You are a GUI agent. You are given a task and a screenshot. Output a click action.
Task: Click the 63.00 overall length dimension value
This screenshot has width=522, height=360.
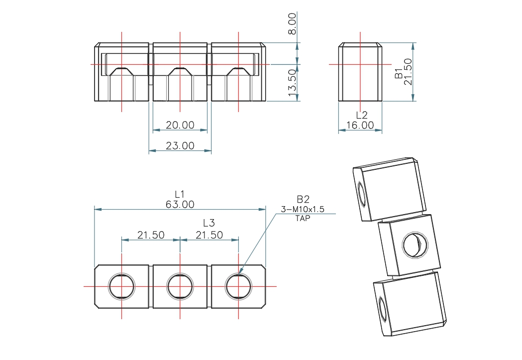[180, 204]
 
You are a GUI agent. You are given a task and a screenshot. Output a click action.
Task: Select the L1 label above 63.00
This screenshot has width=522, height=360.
[180, 194]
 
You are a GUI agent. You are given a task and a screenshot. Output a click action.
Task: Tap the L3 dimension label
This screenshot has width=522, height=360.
[209, 223]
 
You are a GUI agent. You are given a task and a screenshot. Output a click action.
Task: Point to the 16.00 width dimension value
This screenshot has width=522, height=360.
[360, 125]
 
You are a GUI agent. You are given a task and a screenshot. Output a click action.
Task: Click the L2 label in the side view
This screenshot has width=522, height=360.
[362, 115]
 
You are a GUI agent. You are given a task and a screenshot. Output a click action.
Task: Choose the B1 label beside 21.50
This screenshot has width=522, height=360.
[399, 73]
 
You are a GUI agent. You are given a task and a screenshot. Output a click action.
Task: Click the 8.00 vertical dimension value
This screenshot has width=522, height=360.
[292, 23]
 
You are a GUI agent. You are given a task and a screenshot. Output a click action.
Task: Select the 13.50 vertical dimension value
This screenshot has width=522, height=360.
[292, 83]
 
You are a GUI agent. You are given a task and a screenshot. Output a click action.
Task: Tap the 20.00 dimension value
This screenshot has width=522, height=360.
[180, 125]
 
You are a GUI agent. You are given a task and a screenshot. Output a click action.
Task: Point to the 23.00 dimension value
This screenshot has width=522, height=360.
[180, 145]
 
